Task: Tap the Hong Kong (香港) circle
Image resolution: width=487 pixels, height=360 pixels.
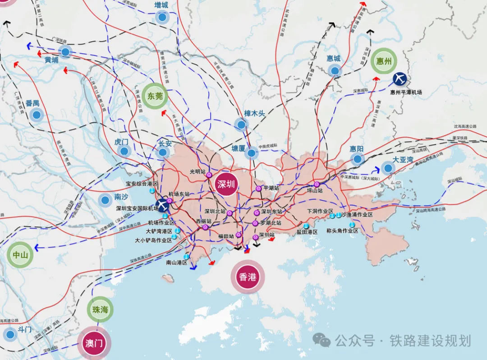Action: pos(248,277)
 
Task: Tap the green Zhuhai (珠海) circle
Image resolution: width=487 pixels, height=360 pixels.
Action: pos(100,310)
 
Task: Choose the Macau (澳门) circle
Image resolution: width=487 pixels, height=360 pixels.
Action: pos(94,343)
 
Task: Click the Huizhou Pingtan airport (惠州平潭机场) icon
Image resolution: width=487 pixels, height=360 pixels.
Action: pos(400,79)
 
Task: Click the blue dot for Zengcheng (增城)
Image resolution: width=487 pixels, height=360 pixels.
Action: pos(162,18)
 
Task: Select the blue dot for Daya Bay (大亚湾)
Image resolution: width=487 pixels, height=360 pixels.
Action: pos(387,168)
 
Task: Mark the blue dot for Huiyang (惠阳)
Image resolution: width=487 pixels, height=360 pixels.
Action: pos(358,158)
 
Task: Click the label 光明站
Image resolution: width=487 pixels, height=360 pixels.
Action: pos(198,171)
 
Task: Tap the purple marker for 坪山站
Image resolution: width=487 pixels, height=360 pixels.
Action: pos(317,184)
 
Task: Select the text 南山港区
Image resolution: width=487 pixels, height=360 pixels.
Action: pos(176,262)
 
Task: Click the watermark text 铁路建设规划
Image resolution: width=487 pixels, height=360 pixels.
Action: pos(430,341)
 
